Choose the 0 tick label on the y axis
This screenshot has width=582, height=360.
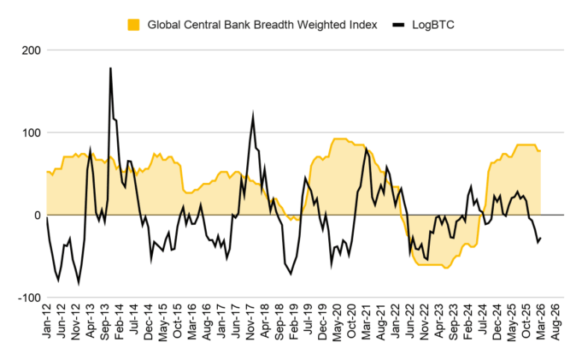35,215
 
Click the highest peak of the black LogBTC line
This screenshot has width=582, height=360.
110,68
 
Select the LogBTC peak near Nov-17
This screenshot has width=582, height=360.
253,115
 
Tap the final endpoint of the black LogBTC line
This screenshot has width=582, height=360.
541,238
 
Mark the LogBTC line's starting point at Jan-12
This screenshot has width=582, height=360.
46,217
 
